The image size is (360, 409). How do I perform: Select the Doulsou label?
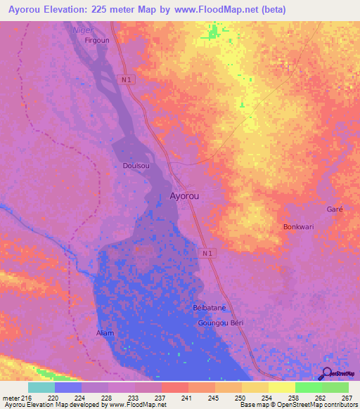(136, 166)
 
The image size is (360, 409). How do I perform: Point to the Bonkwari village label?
(297, 227)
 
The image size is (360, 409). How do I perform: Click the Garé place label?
(333, 210)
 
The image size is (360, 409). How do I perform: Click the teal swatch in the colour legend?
(41, 387)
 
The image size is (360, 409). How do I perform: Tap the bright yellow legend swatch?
(281, 387)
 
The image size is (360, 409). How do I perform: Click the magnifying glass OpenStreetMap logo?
(327, 374)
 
